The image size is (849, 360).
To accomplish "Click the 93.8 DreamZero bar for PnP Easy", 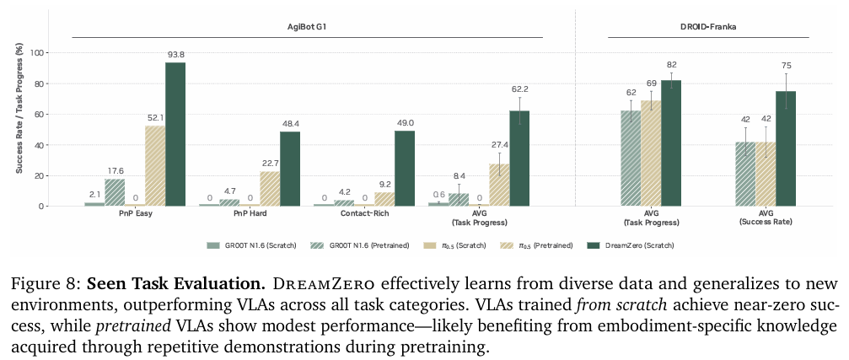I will click(x=175, y=134).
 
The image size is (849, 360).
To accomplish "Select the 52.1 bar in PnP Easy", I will click(x=155, y=166).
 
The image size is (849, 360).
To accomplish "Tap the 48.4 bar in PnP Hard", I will click(x=290, y=169).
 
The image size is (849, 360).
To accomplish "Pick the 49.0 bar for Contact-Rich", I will click(x=405, y=168).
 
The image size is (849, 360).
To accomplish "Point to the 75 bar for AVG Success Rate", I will click(x=786, y=148).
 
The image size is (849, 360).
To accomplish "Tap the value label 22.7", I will click(x=270, y=161).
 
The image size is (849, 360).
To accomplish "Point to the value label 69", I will click(x=651, y=83).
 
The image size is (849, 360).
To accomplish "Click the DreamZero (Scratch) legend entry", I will click(x=624, y=245).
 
